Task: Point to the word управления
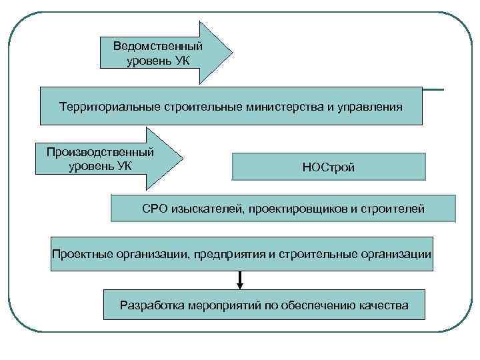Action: (369, 107)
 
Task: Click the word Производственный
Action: (100, 152)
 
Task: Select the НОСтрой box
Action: (328, 167)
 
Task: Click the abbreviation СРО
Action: (155, 209)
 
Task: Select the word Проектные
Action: (79, 255)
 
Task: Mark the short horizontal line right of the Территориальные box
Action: (433, 89)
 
